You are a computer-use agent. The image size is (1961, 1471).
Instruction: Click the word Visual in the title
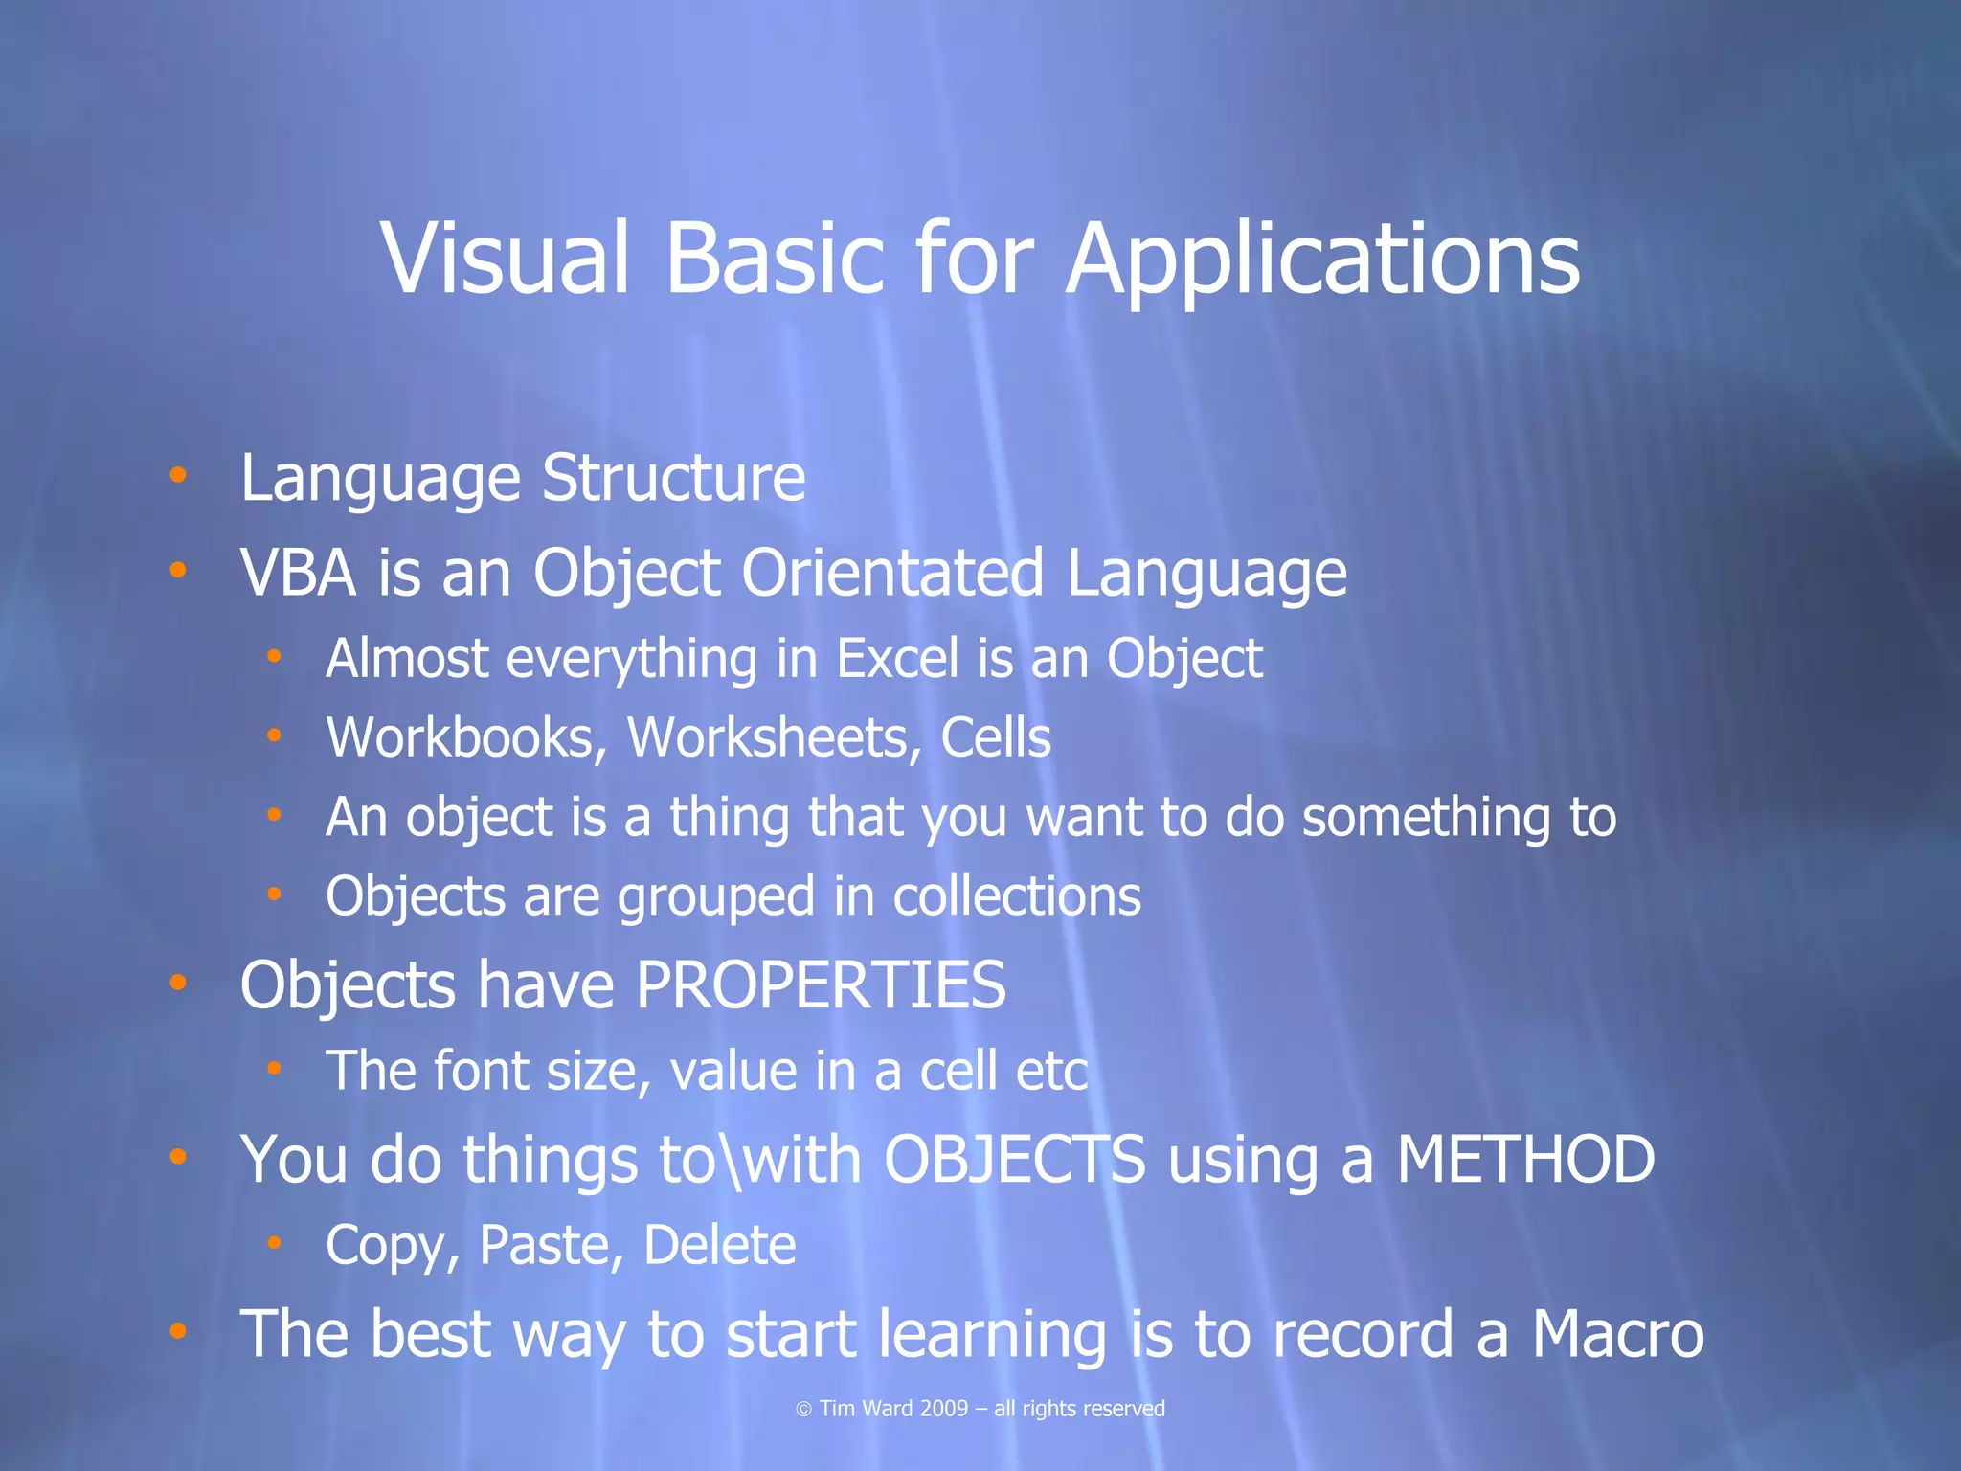(x=506, y=259)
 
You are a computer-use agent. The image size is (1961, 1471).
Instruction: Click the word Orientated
(x=891, y=573)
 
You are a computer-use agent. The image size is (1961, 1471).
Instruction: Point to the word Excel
(x=897, y=659)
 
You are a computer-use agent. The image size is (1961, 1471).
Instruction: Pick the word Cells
(x=996, y=737)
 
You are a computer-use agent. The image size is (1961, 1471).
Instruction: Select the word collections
(x=1017, y=896)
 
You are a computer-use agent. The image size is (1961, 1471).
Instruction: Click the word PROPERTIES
(x=821, y=984)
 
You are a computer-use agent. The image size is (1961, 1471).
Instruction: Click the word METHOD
(x=1525, y=1159)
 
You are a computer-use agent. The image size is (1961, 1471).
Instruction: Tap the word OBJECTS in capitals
(x=1014, y=1159)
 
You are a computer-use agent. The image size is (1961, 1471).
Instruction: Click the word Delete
(x=719, y=1245)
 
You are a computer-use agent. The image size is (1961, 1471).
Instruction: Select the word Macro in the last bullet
(x=1617, y=1333)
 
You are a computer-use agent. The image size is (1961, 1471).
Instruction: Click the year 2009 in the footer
(x=942, y=1409)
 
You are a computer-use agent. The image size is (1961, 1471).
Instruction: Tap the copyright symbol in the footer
(x=803, y=1409)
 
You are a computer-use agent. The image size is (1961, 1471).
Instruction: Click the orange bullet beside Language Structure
(x=178, y=474)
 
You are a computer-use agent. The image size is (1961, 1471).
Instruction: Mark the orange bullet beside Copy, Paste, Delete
(x=275, y=1242)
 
